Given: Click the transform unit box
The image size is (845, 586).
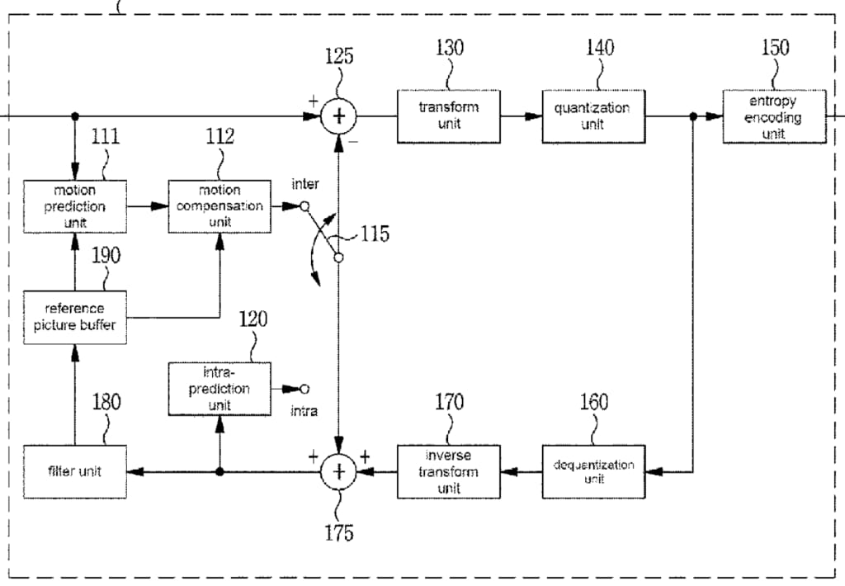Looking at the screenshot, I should click(x=448, y=116).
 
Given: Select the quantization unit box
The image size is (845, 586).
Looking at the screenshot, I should click(x=592, y=116).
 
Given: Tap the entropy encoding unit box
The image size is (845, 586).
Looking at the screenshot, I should click(x=774, y=116).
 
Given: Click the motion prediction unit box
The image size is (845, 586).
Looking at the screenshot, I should click(x=75, y=206).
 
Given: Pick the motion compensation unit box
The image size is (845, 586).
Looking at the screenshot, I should click(x=220, y=206).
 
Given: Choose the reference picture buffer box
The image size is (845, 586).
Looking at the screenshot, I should click(x=75, y=317).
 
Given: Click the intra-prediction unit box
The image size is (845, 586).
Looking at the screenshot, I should click(x=220, y=388).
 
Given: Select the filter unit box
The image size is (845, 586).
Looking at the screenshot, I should click(x=75, y=471).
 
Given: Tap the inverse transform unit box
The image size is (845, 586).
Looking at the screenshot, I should click(x=448, y=471).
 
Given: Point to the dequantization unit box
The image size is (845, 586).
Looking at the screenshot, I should click(x=593, y=471).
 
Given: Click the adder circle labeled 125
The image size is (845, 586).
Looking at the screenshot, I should click(x=338, y=116).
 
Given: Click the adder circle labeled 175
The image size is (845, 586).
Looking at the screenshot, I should click(x=338, y=471).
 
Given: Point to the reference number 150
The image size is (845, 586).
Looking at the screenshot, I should click(x=775, y=47).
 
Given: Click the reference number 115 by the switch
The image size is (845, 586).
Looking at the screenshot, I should click(x=375, y=234).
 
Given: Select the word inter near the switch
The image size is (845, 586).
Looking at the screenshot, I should click(x=305, y=184).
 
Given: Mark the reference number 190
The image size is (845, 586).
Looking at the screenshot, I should click(x=106, y=256).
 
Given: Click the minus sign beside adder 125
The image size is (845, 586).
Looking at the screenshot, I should click(x=353, y=142).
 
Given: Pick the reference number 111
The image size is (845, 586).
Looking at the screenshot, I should click(x=106, y=136).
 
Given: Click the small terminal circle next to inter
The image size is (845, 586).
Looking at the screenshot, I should click(x=304, y=206).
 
